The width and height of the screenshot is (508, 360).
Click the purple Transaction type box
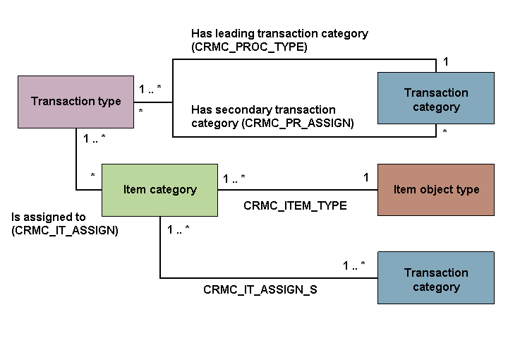(75, 102)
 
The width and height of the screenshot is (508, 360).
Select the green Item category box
(159, 190)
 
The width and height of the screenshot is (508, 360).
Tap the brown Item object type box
(436, 190)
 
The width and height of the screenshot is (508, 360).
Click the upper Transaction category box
(436, 100)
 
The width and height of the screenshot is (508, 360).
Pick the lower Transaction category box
(436, 280)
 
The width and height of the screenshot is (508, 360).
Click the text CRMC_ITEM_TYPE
(295, 206)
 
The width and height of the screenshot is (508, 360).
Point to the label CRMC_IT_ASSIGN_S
(260, 289)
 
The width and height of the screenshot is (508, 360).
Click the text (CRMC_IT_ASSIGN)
(66, 230)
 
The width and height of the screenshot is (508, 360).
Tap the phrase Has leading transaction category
(279, 33)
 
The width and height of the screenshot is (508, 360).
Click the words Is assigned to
(49, 217)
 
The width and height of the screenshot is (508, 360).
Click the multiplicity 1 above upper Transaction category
(445, 62)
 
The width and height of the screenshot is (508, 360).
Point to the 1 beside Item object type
(366, 178)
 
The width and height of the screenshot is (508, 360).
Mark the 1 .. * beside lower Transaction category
(354, 266)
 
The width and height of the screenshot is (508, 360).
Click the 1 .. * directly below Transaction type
(95, 138)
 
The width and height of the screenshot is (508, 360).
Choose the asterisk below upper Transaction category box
(445, 132)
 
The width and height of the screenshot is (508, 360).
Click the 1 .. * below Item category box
(178, 229)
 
